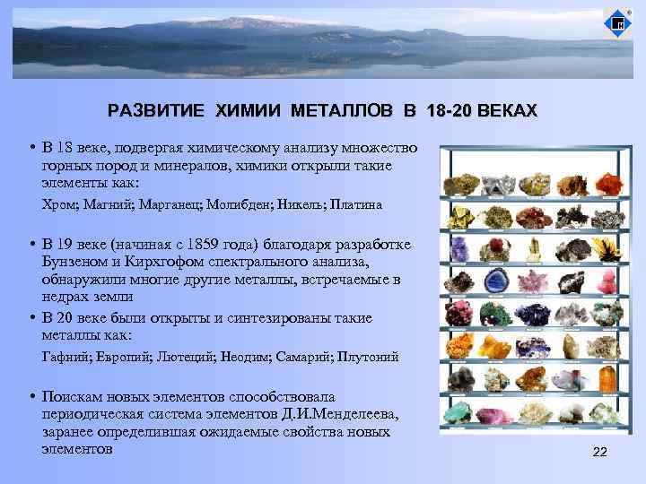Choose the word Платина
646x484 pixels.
tap(356, 204)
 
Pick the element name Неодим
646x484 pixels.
tap(244, 357)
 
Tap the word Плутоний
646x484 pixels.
tap(367, 357)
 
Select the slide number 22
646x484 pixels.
tap(600, 452)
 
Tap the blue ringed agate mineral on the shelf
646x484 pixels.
tap(494, 281)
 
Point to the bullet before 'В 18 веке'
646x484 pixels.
tap(31, 147)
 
